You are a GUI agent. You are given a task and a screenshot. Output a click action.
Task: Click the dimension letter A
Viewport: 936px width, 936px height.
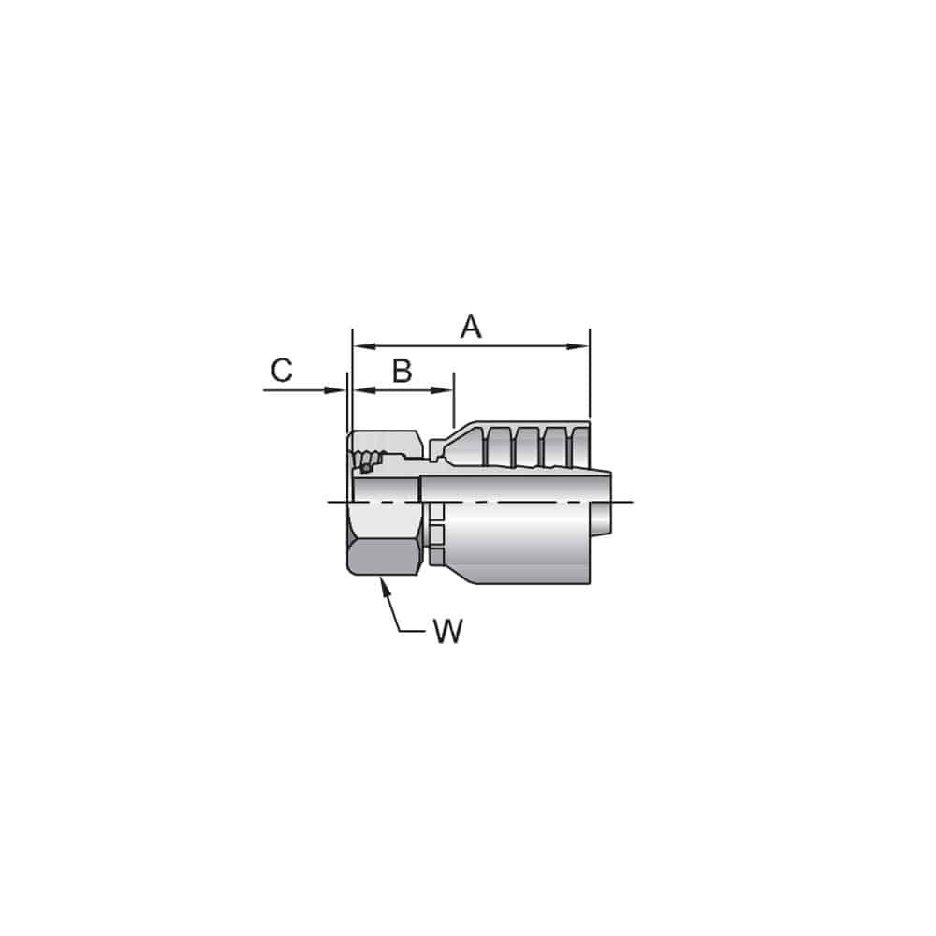tap(471, 328)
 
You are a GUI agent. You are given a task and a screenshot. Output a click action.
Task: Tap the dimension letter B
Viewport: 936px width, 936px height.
tap(402, 372)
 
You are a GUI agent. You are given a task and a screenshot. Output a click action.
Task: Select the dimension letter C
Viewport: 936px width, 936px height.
tap(281, 372)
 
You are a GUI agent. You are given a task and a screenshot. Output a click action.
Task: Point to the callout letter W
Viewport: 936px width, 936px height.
tap(447, 633)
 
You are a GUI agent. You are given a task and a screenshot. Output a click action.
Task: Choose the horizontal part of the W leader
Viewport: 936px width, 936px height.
tap(412, 632)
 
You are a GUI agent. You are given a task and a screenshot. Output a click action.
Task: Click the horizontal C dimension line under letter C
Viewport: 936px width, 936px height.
tap(295, 390)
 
